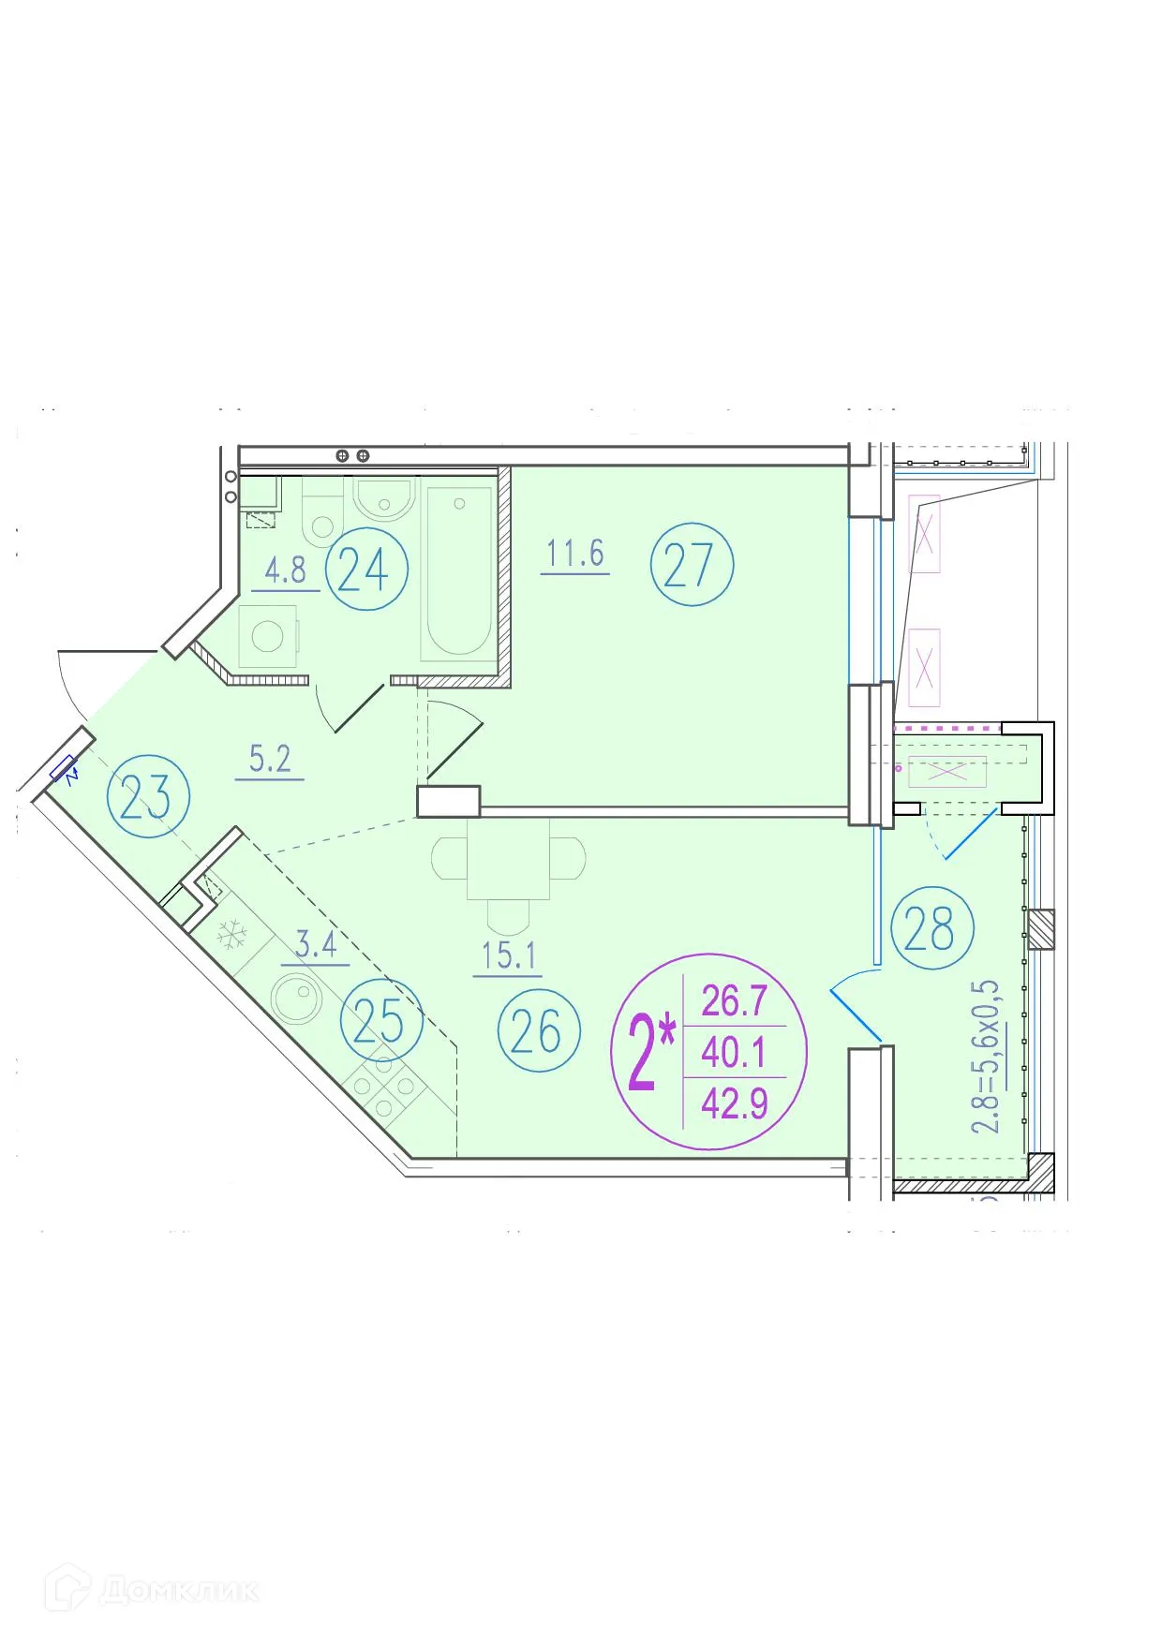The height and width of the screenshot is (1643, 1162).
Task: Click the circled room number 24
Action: tap(365, 569)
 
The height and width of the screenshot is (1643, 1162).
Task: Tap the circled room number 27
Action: tap(692, 565)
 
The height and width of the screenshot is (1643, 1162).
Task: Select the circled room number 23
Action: tap(148, 797)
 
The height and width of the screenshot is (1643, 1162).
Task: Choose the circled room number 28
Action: tap(931, 928)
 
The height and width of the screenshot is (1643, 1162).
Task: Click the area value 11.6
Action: tap(575, 554)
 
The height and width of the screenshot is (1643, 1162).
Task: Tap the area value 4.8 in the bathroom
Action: tap(285, 570)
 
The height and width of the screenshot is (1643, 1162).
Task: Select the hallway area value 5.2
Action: tap(270, 758)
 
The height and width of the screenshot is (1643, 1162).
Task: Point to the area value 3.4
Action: tap(316, 944)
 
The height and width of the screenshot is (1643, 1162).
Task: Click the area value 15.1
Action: tap(508, 955)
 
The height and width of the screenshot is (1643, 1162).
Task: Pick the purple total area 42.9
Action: tap(735, 1103)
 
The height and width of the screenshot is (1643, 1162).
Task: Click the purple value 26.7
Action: tap(735, 1000)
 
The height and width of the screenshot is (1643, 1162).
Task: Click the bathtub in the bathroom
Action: tap(458, 569)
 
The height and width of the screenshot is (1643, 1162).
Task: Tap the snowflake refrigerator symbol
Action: tap(231, 934)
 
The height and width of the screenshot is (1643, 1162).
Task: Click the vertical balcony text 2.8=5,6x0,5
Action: tap(985, 1057)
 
